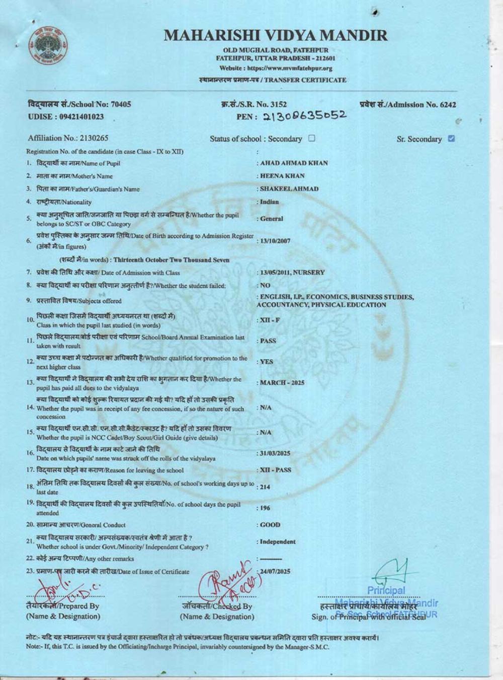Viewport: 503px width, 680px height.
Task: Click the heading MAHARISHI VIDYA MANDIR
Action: click(x=276, y=35)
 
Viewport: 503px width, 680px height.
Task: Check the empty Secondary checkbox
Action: click(x=312, y=138)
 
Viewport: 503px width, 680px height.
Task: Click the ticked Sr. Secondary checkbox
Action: click(x=451, y=139)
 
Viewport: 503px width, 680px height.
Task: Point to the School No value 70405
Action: click(x=121, y=104)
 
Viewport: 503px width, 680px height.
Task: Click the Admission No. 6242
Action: click(x=448, y=105)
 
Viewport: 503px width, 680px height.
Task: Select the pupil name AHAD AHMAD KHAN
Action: click(x=294, y=163)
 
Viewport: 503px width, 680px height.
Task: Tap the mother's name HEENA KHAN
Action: click(x=282, y=176)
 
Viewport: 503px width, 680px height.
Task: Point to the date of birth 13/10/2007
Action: click(x=275, y=241)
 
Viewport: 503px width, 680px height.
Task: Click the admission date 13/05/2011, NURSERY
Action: click(x=292, y=273)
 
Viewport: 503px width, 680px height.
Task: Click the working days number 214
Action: click(x=265, y=487)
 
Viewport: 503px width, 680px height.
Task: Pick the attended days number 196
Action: click(x=265, y=508)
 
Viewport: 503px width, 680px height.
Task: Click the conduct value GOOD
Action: click(x=270, y=525)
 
